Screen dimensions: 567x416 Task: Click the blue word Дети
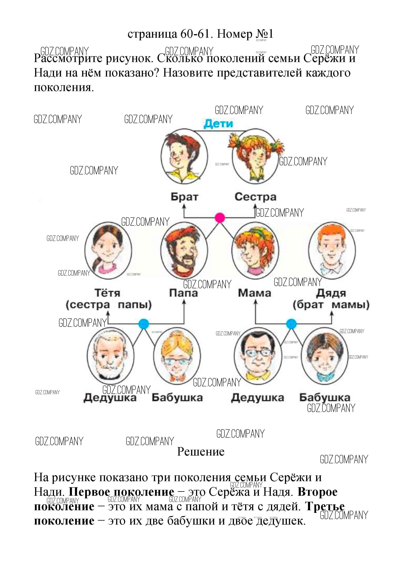218,124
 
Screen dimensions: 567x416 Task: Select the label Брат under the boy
184,197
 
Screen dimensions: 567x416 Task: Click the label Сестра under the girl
255,197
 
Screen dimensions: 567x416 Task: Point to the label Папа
183,293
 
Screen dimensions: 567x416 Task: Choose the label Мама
254,293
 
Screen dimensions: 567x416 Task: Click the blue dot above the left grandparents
144,324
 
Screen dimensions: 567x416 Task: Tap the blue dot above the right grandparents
291,324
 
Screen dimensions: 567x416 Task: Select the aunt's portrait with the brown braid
108,249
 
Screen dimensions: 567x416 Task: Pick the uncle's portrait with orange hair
332,249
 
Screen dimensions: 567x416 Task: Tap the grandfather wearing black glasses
257,356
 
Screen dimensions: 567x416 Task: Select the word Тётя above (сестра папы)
107,293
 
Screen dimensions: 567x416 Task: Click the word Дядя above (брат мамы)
331,293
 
